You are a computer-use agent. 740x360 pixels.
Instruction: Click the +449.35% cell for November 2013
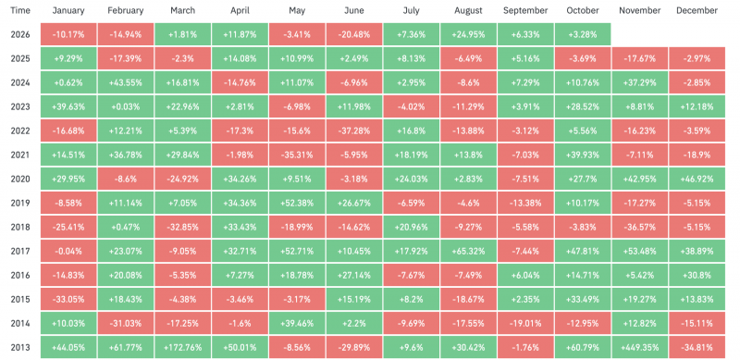(639, 347)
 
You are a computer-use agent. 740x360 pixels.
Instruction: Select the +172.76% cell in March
(182, 347)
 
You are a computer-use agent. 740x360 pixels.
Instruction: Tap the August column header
(468, 10)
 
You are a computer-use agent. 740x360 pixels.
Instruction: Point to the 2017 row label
(20, 251)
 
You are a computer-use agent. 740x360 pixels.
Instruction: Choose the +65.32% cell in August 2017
(468, 251)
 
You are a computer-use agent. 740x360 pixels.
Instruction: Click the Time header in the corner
(19, 10)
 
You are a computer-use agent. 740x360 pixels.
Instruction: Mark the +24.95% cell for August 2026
(468, 34)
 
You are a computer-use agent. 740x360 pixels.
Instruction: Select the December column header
(697, 10)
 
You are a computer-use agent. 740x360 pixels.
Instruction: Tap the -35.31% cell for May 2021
(297, 155)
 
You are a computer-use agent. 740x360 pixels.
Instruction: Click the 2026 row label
(20, 34)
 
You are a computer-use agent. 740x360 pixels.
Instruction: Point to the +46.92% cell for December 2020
(697, 179)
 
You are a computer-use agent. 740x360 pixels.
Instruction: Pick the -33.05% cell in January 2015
(68, 299)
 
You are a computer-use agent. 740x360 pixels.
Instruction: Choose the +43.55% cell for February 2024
(126, 82)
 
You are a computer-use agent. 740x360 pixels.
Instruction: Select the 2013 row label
(20, 347)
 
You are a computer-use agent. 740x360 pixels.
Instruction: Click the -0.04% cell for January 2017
(68, 251)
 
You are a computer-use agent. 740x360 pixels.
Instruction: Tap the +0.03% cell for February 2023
(126, 106)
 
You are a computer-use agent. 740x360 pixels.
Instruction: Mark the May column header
(297, 10)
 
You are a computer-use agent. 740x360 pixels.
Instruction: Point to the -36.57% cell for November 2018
(639, 227)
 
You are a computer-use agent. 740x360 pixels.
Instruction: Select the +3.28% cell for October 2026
(583, 34)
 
